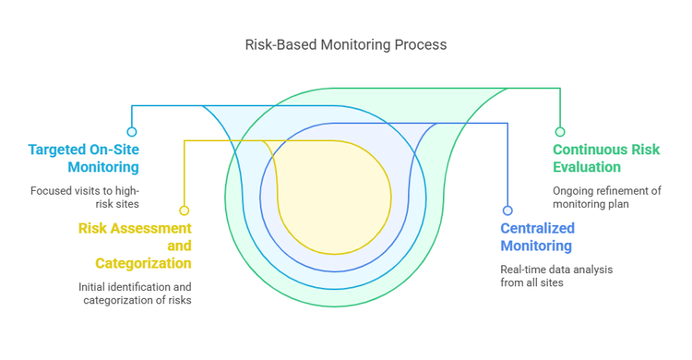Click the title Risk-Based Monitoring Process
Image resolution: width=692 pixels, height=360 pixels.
(x=345, y=44)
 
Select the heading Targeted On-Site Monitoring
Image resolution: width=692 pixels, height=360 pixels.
(x=83, y=158)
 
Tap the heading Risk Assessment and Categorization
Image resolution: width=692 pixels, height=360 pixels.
(x=135, y=246)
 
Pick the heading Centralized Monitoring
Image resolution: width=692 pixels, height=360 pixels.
(x=537, y=236)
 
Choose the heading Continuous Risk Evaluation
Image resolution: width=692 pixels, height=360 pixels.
(x=606, y=158)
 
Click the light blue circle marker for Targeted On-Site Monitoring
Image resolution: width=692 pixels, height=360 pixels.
(x=132, y=132)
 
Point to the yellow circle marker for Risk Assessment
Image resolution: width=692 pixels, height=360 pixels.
(x=185, y=210)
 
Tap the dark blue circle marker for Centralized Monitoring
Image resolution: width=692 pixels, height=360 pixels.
(x=507, y=210)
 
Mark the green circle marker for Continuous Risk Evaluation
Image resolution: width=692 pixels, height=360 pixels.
(x=560, y=132)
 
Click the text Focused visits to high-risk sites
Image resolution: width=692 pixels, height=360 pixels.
(x=84, y=197)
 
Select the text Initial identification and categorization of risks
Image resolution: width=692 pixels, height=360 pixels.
(x=135, y=293)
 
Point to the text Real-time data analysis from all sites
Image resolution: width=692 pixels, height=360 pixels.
(x=556, y=275)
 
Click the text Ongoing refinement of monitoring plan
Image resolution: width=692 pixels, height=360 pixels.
(x=607, y=197)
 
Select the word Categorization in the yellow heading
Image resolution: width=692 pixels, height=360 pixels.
(x=144, y=263)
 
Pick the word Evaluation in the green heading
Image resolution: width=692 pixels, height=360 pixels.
(x=587, y=167)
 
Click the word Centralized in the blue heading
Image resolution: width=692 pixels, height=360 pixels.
(x=538, y=228)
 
